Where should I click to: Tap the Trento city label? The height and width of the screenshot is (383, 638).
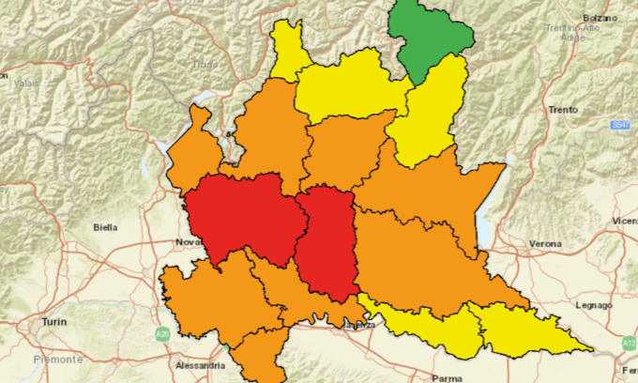tap(562, 109)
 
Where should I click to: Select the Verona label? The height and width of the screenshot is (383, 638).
tap(544, 244)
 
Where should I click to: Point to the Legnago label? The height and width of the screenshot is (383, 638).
tap(593, 305)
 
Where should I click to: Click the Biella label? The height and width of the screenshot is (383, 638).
tap(106, 227)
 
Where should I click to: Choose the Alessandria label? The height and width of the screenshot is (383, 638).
tap(199, 364)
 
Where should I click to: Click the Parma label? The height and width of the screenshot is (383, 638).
tap(447, 379)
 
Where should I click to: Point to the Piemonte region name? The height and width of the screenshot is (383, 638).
tap(59, 360)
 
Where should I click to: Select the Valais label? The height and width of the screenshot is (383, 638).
tap(25, 83)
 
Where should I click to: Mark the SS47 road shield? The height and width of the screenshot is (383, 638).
tap(619, 124)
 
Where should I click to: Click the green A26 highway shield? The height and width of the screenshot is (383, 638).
tap(162, 333)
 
